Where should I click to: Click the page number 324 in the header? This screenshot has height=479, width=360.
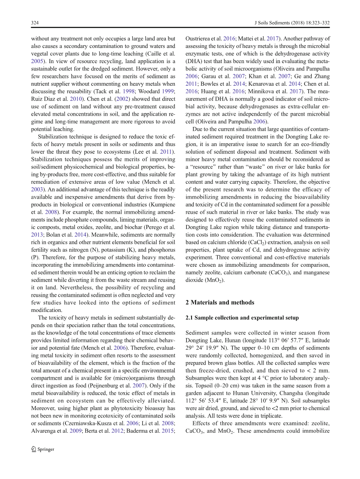35,23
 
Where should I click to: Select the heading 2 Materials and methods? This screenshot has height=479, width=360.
220,303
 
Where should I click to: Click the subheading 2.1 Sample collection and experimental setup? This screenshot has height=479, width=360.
242,318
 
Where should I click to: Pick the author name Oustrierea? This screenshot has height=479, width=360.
198,39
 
